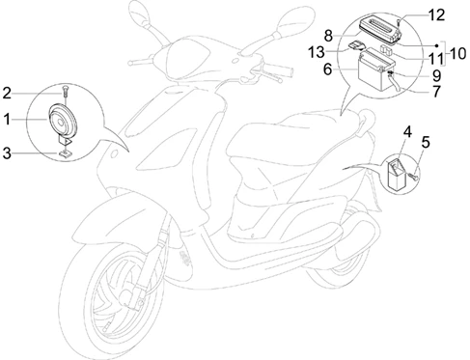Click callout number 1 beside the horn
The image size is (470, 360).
click(x=7, y=120)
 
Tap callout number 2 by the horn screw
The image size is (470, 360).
click(x=7, y=94)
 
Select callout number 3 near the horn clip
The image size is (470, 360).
click(x=7, y=153)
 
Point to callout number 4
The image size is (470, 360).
click(x=407, y=132)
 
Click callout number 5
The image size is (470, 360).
click(x=426, y=142)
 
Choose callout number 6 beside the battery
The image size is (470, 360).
click(x=327, y=69)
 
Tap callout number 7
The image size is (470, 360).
click(x=436, y=92)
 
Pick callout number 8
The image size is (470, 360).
click(x=328, y=36)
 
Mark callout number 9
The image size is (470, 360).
click(x=436, y=76)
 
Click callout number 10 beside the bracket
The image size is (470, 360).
click(x=457, y=54)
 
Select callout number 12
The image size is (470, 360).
click(x=436, y=15)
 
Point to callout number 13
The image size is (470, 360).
click(x=317, y=52)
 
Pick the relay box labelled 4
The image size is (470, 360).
click(x=396, y=174)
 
